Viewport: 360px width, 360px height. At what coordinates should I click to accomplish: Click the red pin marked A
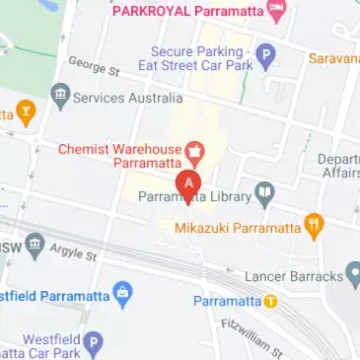pos(188,184)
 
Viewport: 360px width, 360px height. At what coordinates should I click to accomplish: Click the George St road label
pos(94,67)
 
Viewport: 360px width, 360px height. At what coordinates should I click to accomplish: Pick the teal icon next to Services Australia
pos(61,97)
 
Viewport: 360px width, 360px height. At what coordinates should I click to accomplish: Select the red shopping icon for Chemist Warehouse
pos(195,154)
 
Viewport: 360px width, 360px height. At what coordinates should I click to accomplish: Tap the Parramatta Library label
pos(193,195)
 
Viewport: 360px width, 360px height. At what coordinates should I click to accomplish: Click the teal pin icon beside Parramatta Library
pos(263,194)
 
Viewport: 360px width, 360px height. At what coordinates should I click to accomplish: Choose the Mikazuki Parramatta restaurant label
pos(236,228)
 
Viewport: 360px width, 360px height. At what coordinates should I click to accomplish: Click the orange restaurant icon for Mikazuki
pos(314,227)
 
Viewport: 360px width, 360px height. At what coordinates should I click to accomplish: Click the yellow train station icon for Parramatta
pos(270,301)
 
